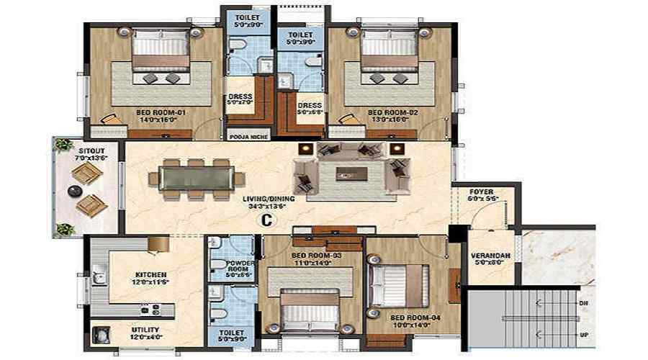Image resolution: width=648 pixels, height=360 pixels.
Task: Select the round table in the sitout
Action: coord(73,191)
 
